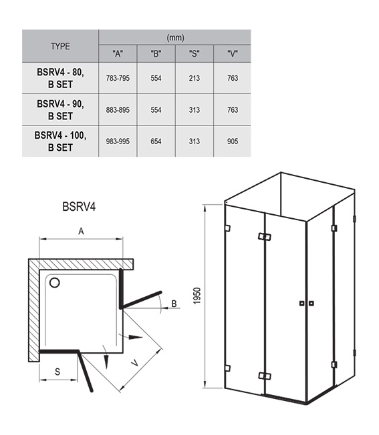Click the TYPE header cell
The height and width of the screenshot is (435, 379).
(60, 46)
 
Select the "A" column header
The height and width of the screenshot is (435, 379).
(118, 53)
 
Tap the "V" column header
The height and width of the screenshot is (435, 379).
(233, 53)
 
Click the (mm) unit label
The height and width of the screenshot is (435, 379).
(175, 37)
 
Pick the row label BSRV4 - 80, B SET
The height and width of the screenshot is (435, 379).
(60, 78)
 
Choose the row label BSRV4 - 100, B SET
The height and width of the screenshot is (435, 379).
(60, 141)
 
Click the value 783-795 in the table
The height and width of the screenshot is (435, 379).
(118, 78)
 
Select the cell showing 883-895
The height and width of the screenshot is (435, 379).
(118, 110)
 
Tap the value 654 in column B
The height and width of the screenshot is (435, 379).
(156, 141)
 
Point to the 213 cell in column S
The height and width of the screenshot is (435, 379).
(195, 78)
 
